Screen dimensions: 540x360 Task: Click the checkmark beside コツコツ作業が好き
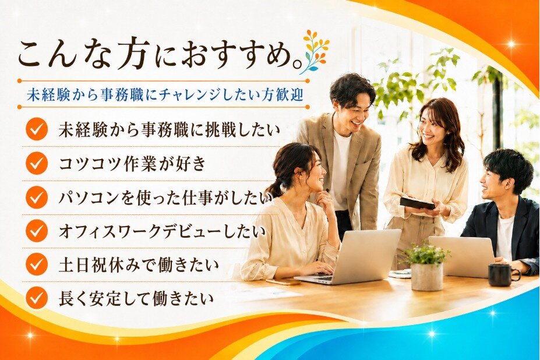pyautogui.click(x=36, y=163)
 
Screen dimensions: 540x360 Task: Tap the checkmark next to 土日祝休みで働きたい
pyautogui.click(x=36, y=264)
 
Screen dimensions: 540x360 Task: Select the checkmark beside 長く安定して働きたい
pyautogui.click(x=36, y=298)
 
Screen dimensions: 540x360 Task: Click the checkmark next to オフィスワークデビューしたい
pyautogui.click(x=36, y=231)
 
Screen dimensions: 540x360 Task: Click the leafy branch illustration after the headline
pyautogui.click(x=315, y=52)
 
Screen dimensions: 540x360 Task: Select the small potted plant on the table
pyautogui.click(x=426, y=265)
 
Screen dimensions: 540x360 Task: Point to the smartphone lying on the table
pyautogui.click(x=278, y=282)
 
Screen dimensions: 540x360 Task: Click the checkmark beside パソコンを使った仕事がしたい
pyautogui.click(x=36, y=197)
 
